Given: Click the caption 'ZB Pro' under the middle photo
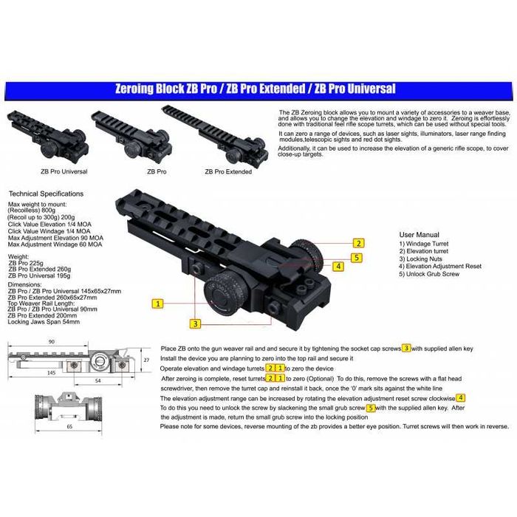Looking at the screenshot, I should tap(156, 171).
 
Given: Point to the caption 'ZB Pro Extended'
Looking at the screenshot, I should tap(227, 171).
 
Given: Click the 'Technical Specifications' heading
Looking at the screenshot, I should tap(46, 194).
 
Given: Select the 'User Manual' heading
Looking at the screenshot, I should tap(419, 233).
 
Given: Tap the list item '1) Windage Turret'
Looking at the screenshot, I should tap(424, 244).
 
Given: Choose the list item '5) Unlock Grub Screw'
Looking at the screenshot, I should tap(429, 274).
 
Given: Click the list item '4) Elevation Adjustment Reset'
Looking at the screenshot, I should tap(440, 267).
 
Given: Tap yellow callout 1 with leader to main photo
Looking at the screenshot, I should tap(157, 303).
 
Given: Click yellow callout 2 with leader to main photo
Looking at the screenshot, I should tap(358, 243).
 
